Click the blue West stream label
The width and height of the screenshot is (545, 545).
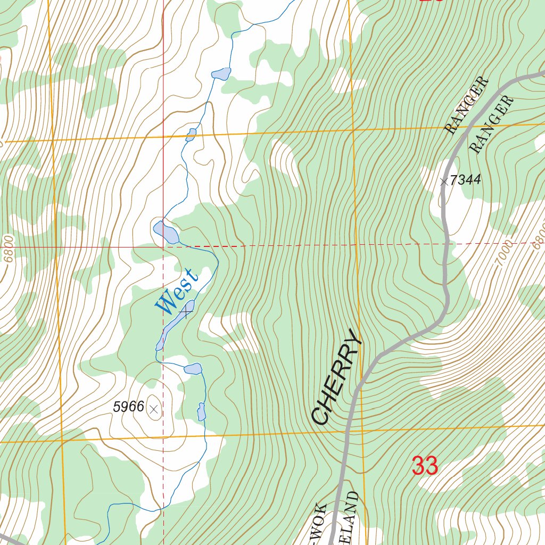click(177, 291)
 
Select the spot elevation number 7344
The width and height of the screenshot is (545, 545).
click(465, 180)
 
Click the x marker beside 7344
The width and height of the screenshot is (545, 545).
click(444, 181)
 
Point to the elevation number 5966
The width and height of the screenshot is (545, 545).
click(128, 407)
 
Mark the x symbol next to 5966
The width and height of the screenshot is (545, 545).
click(154, 409)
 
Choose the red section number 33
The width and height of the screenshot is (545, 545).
click(425, 466)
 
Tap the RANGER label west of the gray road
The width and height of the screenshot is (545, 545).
click(466, 105)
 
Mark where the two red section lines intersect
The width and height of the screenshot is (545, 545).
click(163, 247)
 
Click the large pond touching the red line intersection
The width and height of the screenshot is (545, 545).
click(166, 232)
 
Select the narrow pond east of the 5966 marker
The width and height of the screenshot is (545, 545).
click(201, 411)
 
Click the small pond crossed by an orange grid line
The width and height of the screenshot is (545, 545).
click(191, 135)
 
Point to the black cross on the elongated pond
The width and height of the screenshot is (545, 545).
click(186, 311)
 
